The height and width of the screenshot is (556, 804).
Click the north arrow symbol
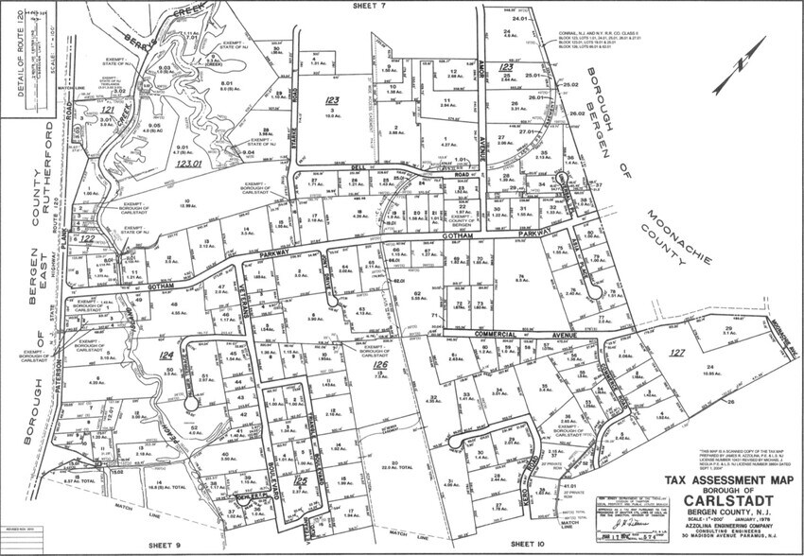(x=733, y=75)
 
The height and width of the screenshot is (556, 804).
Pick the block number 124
(x=167, y=356)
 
